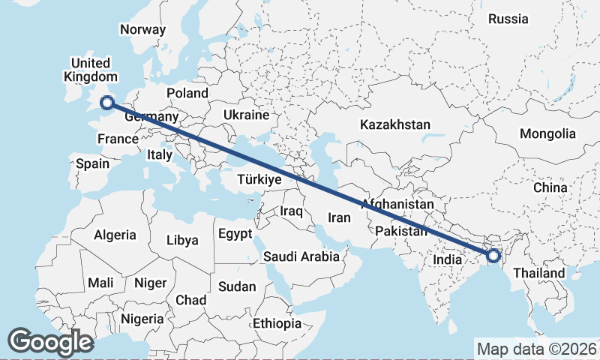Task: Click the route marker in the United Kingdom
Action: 106,103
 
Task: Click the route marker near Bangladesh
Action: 493,256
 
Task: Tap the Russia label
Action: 508,19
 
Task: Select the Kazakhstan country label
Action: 394,124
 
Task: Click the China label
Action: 550,187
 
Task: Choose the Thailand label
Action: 539,274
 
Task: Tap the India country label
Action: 448,259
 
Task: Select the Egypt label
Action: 235,234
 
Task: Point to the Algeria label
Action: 115,235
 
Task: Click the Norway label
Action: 142,30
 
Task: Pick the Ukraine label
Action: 246,115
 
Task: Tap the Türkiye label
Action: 259,180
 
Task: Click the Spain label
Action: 93,163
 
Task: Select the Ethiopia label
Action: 277,323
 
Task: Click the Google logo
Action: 50,342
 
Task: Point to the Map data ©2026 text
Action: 537,349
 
